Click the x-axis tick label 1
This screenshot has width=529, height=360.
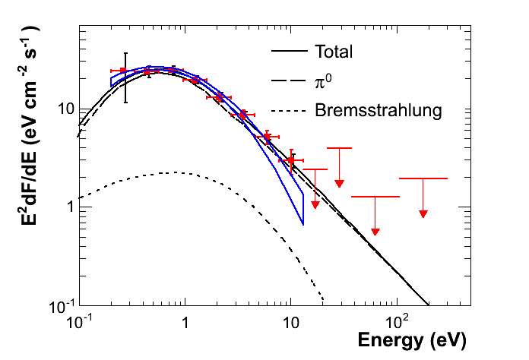[185, 321]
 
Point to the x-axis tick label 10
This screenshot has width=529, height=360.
[290, 321]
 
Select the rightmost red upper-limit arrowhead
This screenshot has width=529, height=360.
[423, 214]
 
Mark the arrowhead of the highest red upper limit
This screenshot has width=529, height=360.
[340, 184]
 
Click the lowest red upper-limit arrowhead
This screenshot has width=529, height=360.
[375, 231]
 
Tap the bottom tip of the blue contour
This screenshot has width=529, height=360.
[303, 224]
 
